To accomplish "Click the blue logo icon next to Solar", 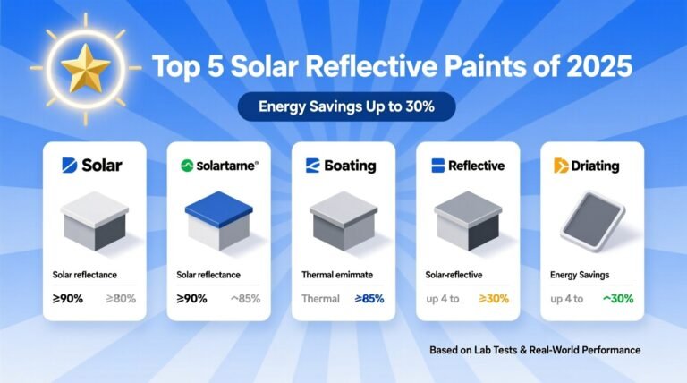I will tap(68, 166).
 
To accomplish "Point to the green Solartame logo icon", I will tap(187, 166).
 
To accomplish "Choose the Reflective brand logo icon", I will tap(437, 166).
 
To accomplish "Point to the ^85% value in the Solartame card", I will tap(244, 298).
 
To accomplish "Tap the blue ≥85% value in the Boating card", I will tap(369, 298).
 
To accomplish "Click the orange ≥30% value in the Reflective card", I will tap(493, 298).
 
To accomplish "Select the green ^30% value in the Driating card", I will tap(616, 298).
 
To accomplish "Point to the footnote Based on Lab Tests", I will tap(535, 349).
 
